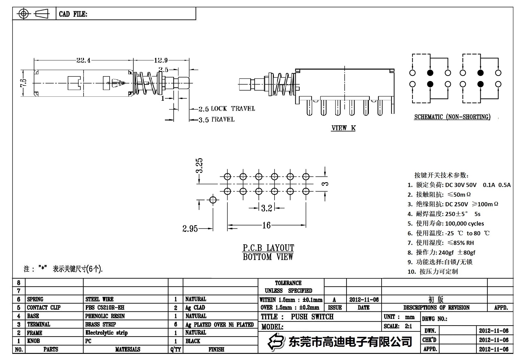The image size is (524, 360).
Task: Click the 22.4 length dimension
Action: pos(83,60)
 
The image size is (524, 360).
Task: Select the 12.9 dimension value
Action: pos(161,60)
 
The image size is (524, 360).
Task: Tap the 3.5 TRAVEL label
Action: pos(216,120)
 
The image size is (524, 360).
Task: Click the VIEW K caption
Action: pos(343,128)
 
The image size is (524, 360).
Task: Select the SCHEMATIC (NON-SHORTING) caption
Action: pos(452,117)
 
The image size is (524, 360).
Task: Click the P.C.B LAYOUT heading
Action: pos(268,248)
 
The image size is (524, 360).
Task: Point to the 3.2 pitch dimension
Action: pos(267,208)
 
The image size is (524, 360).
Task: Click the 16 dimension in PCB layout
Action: pos(266,225)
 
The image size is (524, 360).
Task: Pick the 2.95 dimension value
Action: pos(190,229)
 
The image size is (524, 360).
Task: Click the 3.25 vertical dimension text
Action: pos(200,166)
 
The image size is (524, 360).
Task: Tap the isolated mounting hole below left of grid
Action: pos(212,200)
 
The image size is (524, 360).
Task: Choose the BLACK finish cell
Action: pos(193,341)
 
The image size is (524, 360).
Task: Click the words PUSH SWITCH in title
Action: pos(312,317)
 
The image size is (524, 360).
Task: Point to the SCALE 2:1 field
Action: pos(398,326)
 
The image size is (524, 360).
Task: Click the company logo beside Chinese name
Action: pos(276,341)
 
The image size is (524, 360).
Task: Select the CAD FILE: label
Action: pos(73,14)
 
